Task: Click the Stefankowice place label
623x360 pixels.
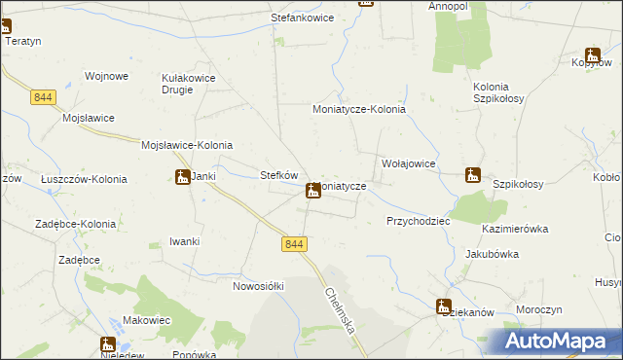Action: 302,18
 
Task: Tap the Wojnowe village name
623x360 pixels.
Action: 107,76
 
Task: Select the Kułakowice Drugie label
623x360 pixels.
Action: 188,84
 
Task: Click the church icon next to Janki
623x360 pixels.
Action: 182,177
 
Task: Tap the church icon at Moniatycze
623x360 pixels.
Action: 312,191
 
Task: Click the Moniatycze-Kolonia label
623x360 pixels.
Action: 358,110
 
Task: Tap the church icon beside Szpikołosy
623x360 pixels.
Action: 473,175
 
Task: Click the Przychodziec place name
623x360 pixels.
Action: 418,221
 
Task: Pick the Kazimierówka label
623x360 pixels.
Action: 515,230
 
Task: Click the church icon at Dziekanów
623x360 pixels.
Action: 444,306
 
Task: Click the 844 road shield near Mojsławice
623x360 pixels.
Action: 43,97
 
